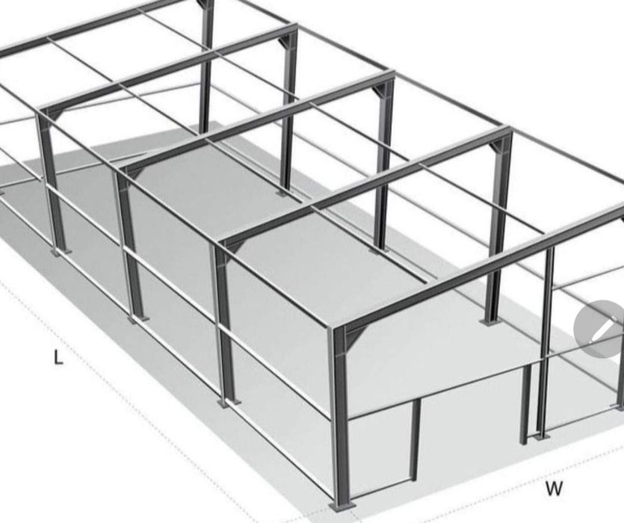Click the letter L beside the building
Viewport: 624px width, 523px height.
click(58, 358)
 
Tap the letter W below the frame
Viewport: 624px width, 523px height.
click(554, 489)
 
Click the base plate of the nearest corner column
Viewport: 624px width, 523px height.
click(342, 506)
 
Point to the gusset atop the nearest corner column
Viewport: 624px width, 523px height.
click(345, 337)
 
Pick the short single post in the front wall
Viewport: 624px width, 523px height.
click(413, 441)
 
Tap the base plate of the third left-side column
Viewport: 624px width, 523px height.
click(137, 318)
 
